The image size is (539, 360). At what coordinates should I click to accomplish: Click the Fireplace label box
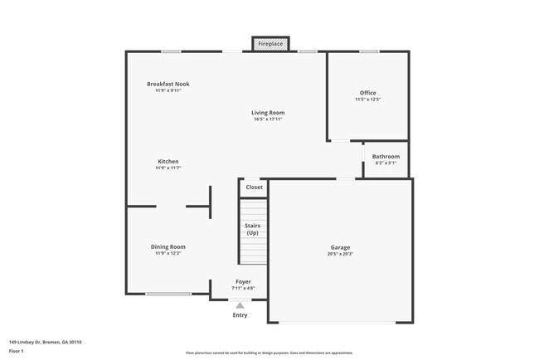coord(271,43)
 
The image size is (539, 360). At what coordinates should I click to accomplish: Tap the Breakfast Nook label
coord(168,84)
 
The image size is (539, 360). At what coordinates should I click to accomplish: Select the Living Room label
coord(269,113)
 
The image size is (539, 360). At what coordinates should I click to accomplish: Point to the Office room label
coord(367,93)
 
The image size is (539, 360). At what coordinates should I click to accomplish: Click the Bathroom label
coord(386,157)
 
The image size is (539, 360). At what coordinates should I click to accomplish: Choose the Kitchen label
coord(168,161)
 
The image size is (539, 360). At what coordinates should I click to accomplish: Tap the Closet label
coord(254,187)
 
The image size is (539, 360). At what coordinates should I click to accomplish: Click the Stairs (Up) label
coord(253,229)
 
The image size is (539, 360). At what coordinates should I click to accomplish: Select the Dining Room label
coord(168,246)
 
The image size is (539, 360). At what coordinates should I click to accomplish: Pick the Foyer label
coord(243,282)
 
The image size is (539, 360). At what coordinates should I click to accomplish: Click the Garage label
coord(340,247)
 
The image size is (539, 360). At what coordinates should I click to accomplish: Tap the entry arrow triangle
coord(240,305)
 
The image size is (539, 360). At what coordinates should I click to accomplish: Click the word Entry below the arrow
coord(240,315)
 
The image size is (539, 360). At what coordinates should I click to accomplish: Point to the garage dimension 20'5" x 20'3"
coord(340,254)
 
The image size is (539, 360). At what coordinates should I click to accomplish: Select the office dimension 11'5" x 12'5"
coord(367,100)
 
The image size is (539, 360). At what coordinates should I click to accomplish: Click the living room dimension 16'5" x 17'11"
coord(269,119)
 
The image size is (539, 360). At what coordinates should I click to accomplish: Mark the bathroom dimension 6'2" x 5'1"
coord(386,163)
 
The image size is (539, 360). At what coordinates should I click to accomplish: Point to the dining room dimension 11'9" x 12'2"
coord(168,253)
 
